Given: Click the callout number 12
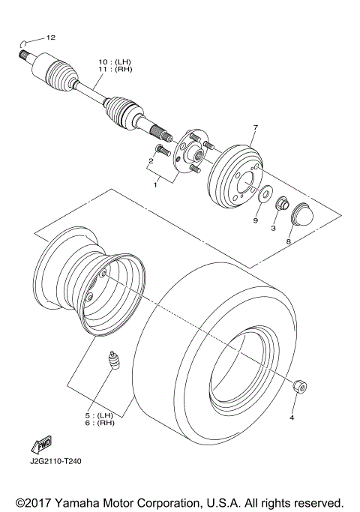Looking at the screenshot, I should (51, 37).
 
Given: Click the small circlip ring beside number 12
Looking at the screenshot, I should (25, 41).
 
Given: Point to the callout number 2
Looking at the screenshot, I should (151, 160).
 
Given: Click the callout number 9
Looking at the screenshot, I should (255, 220).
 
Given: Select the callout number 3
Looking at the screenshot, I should (274, 227).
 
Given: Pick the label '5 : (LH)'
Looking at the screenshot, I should (99, 415).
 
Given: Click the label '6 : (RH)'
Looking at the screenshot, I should (99, 424).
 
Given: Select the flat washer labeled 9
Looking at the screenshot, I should (265, 195).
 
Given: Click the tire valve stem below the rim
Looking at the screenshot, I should (115, 359).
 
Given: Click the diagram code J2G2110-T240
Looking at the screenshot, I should (56, 462).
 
